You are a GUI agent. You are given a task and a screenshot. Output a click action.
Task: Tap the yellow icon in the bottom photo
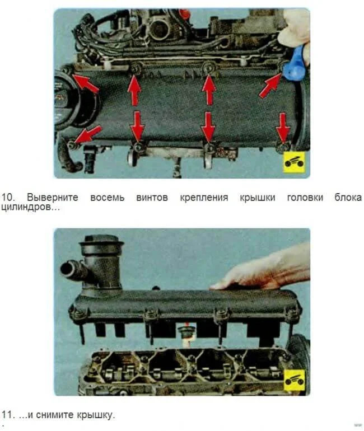click(295, 380)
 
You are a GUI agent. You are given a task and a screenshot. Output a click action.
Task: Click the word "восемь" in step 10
click(107, 198)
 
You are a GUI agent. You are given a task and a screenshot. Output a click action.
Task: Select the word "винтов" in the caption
click(152, 198)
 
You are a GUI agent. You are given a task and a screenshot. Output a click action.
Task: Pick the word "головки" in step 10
click(305, 198)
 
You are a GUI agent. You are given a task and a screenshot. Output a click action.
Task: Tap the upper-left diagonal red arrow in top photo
click(85, 83)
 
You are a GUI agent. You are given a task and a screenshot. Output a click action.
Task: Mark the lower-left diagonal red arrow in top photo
click(88, 134)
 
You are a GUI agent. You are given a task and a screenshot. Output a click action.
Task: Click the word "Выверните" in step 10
click(52, 198)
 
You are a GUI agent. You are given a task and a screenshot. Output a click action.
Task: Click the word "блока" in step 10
click(348, 198)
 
